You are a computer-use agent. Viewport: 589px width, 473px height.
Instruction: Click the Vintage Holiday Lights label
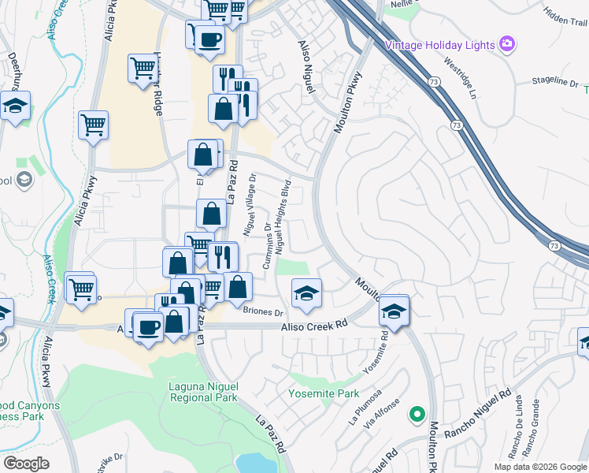[439, 45]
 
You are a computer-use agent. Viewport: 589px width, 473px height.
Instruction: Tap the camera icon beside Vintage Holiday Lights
[507, 43]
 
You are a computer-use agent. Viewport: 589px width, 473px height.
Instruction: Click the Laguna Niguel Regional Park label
[203, 392]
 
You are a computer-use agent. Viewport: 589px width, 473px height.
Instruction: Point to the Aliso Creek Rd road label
[315, 325]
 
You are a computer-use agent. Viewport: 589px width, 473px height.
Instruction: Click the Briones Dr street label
[263, 311]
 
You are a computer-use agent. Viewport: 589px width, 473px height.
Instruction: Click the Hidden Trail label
[565, 17]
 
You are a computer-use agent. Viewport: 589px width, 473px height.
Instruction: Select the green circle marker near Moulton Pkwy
[417, 413]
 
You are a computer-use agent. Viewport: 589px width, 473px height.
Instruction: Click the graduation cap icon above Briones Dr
[306, 293]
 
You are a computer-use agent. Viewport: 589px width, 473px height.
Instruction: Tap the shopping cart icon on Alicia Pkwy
[93, 125]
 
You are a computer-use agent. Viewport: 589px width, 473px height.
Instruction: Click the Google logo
[27, 463]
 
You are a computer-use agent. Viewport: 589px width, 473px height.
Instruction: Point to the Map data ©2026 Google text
[539, 467]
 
